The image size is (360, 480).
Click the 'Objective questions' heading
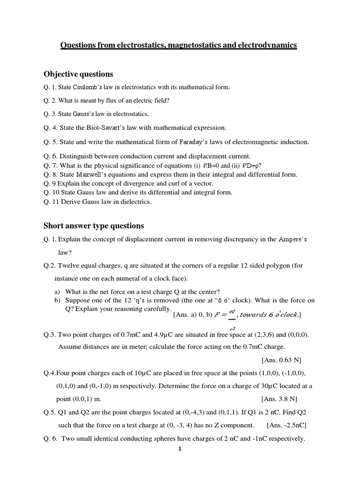pyautogui.click(x=78, y=74)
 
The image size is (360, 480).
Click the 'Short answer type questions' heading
pyautogui.click(x=94, y=225)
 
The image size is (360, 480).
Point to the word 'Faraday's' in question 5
pyautogui.click(x=195, y=142)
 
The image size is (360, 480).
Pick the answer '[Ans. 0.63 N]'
pyautogui.click(x=281, y=360)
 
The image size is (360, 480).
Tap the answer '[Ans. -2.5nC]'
pyautogui.click(x=286, y=426)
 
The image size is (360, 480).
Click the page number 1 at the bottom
pyautogui.click(x=180, y=449)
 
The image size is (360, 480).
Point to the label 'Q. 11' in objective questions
pyautogui.click(x=52, y=202)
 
